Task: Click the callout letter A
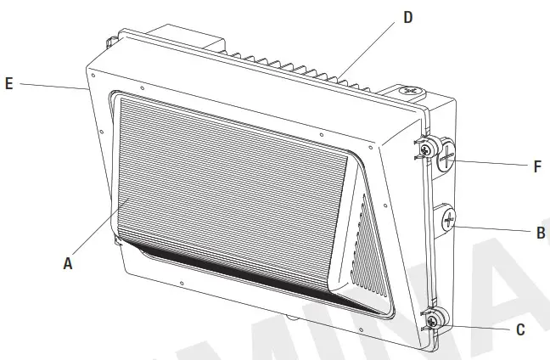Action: pyautogui.click(x=68, y=264)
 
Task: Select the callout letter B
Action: pyautogui.click(x=541, y=231)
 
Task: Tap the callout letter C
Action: pyautogui.click(x=520, y=329)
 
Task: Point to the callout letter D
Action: pyautogui.click(x=407, y=17)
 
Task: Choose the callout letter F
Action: pyautogui.click(x=537, y=167)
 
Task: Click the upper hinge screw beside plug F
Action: pyautogui.click(x=429, y=148)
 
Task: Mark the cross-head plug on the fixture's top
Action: pyautogui.click(x=411, y=89)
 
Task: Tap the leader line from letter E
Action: pyautogui.click(x=51, y=86)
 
